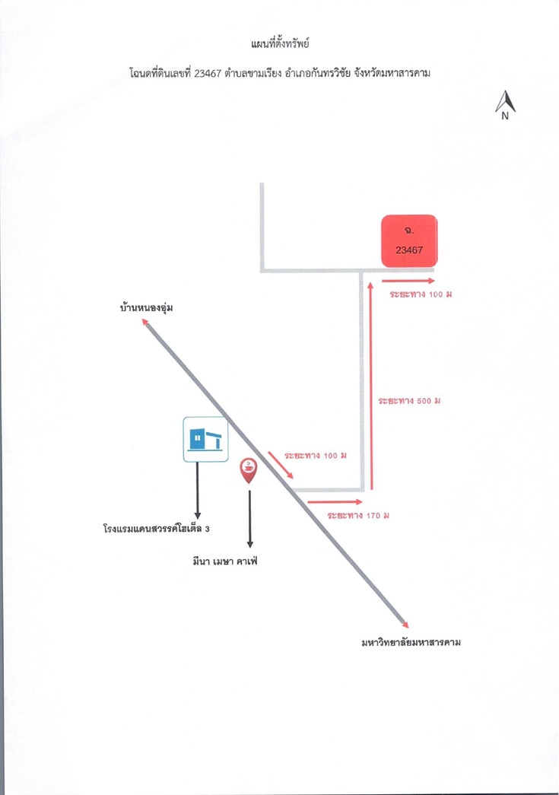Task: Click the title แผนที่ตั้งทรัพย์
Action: point(280,43)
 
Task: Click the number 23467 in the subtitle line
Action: point(208,73)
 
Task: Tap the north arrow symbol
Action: point(505,105)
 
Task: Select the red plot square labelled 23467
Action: point(409,241)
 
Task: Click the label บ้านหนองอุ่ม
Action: point(147,308)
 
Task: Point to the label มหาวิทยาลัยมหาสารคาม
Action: point(411,642)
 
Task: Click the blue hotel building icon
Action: point(205,439)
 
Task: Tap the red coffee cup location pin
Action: point(249,470)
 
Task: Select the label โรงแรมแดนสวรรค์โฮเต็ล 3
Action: point(156,529)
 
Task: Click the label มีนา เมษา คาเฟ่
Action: point(225,561)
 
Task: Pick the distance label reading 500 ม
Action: point(409,400)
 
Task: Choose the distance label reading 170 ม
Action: point(358,516)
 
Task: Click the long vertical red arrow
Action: point(371,386)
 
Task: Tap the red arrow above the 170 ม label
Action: point(335,502)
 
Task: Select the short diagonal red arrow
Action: point(281,465)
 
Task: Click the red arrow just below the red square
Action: point(408,281)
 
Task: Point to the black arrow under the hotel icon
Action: point(198,491)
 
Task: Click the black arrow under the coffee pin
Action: point(249,519)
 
